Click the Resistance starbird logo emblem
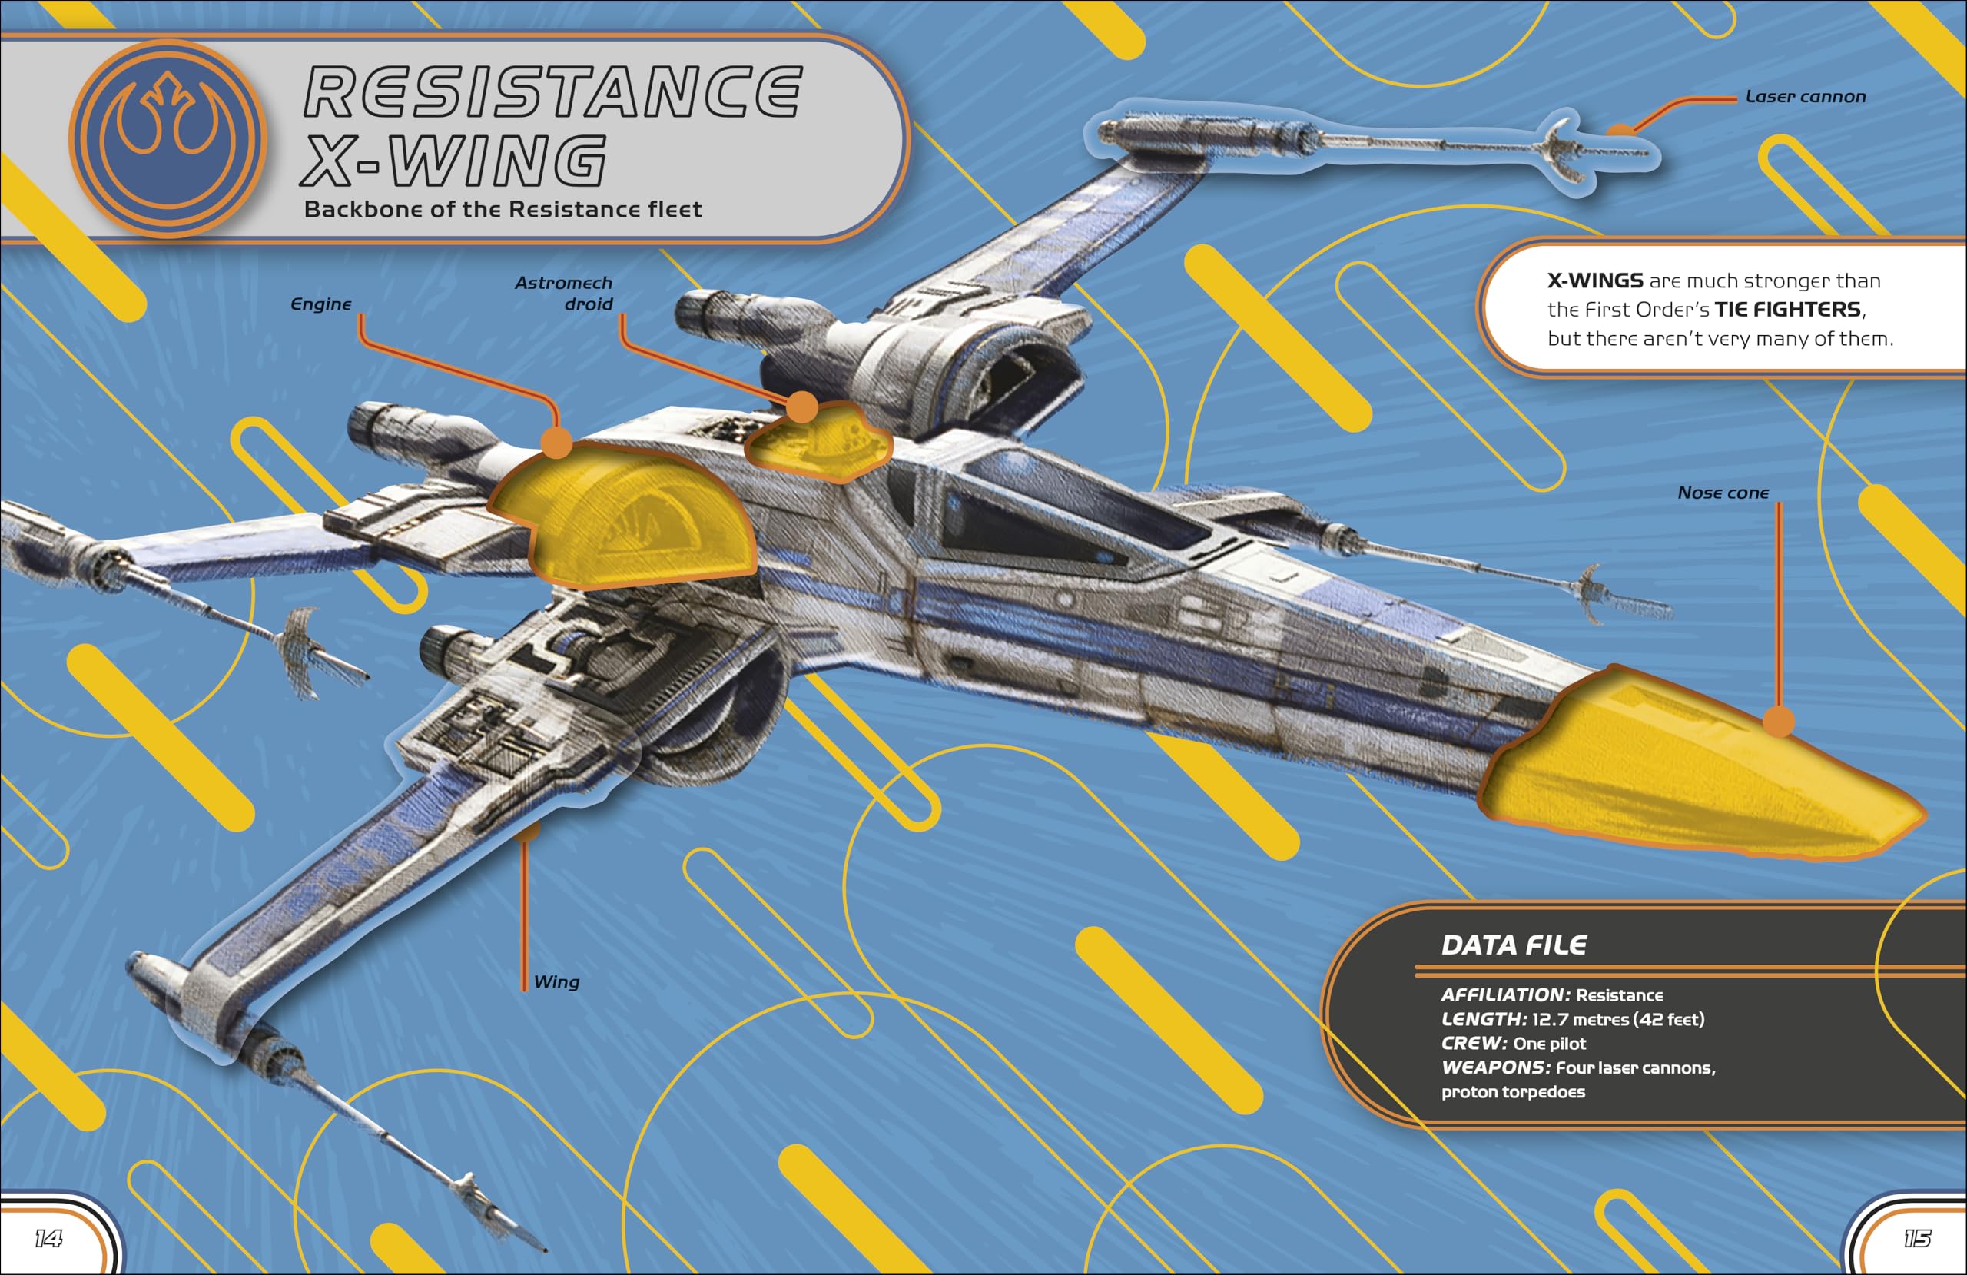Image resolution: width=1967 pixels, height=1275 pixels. coord(168,138)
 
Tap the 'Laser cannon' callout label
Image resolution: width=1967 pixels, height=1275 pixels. coord(1805,97)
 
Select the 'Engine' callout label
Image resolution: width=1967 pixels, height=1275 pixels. coord(320,304)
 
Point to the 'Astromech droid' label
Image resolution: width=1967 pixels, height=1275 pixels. coord(565,294)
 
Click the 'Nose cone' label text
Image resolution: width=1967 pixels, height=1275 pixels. coord(1723,493)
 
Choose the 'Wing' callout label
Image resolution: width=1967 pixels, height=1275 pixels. coord(556,981)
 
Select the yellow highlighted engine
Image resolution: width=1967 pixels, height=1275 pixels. coord(624,516)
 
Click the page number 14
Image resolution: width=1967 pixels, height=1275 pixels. coord(48,1238)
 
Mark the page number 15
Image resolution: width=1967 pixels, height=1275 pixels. coord(1916,1238)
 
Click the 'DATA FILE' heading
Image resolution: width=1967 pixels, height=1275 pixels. coord(1513,945)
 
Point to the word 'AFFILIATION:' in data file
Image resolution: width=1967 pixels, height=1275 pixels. coord(1505,994)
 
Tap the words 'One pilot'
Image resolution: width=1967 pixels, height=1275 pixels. coord(1550,1044)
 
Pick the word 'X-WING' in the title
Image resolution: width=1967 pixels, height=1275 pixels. coord(453,160)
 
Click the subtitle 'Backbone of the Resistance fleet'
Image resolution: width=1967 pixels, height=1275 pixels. coord(503,209)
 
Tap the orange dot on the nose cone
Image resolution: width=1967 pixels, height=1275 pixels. coord(1779,721)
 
